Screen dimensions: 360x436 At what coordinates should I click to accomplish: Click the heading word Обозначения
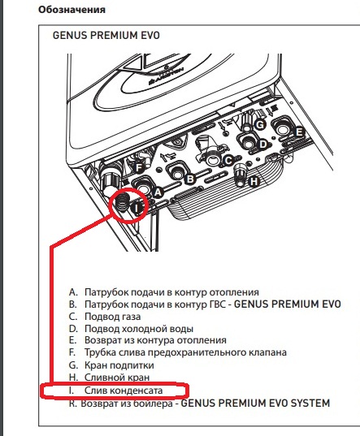coord(72,10)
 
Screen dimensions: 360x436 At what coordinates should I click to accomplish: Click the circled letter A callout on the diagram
coord(158,192)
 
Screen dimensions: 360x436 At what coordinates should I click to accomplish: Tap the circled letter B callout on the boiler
coord(190,179)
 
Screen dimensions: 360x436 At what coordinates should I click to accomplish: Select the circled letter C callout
coord(228,161)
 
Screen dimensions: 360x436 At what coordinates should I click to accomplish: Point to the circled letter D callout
coord(263,145)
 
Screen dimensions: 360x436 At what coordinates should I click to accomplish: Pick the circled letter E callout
coord(299,132)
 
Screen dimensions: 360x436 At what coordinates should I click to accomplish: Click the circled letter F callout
coord(138,168)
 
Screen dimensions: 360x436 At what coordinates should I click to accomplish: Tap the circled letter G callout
coord(260,124)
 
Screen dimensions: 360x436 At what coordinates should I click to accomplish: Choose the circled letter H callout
coord(254,182)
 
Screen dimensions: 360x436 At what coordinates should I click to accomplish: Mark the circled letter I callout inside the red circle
coord(137,207)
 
